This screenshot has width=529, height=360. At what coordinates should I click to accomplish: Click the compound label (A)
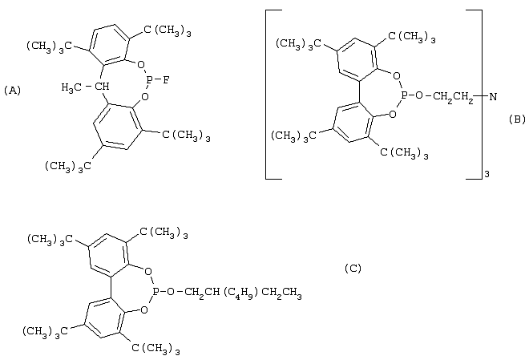(x=13, y=91)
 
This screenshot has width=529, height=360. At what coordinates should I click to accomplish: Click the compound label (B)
(x=517, y=119)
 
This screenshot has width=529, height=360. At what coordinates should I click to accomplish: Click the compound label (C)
(x=353, y=269)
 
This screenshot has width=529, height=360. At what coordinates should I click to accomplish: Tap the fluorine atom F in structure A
(x=166, y=80)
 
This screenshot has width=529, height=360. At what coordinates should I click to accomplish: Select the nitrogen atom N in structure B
(x=493, y=97)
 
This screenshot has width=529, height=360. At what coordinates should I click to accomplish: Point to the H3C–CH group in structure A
(x=85, y=87)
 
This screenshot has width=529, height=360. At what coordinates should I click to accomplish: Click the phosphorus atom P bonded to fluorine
(x=149, y=80)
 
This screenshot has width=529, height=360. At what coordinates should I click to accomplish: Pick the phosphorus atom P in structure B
(x=404, y=96)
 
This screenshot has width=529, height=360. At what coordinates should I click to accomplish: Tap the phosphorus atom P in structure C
(x=155, y=291)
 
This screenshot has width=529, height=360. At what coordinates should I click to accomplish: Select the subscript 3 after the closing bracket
(x=487, y=175)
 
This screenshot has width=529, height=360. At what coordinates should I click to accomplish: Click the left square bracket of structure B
(x=273, y=95)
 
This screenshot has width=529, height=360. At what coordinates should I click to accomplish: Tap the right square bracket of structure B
(x=474, y=95)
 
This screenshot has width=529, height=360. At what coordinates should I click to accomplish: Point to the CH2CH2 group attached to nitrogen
(x=453, y=97)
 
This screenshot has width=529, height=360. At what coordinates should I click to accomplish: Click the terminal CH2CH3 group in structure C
(x=281, y=292)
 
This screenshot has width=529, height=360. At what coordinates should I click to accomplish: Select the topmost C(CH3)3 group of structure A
(x=168, y=31)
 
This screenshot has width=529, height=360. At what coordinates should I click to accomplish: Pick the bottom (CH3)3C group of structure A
(x=68, y=167)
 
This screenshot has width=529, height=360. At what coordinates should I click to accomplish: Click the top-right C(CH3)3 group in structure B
(x=412, y=37)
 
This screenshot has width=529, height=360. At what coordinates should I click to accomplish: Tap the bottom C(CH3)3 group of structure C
(x=155, y=349)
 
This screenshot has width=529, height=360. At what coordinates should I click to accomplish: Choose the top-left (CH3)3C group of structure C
(x=50, y=240)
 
